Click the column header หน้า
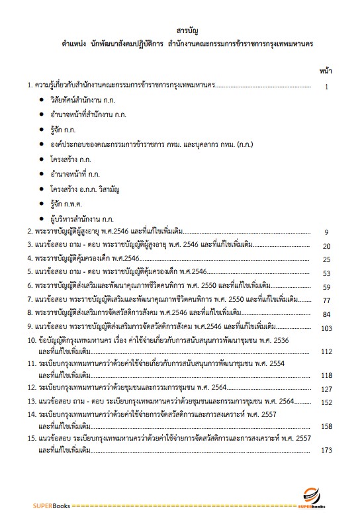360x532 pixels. [326, 69]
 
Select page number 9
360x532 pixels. [326, 232]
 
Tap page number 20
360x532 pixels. [326, 246]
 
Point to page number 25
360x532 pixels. [326, 259]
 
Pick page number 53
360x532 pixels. [326, 273]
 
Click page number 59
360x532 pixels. [326, 287]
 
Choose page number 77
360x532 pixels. [326, 300]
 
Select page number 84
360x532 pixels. [326, 314]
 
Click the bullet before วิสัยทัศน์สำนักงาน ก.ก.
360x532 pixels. [41, 99]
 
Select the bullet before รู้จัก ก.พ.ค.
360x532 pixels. [41, 202]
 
